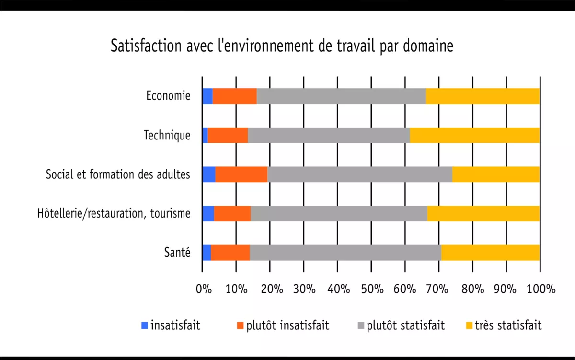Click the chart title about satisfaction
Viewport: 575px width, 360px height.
coord(282,46)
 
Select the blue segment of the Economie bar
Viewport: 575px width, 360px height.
coord(207,96)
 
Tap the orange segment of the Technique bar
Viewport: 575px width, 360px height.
coord(228,136)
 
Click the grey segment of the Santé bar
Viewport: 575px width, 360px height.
coord(345,253)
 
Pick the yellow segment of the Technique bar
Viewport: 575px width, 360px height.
coord(475,136)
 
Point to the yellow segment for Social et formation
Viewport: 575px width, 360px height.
coord(496,174)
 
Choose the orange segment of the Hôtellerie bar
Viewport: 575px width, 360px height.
coord(232,214)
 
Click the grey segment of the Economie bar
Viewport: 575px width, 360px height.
coord(341,96)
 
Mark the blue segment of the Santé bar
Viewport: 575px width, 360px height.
coord(207,253)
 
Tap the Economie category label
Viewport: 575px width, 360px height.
coord(168,96)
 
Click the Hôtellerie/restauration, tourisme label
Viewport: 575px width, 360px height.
coord(114,214)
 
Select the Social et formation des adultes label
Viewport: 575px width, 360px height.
coord(118,174)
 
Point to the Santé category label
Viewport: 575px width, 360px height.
coord(177,253)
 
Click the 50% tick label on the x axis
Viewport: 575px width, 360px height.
coord(372,289)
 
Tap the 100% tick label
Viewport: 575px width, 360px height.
coord(540,289)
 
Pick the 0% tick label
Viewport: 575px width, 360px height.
coord(204,289)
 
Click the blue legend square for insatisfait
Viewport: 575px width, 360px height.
coord(145,326)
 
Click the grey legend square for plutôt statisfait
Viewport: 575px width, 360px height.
coord(361,326)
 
